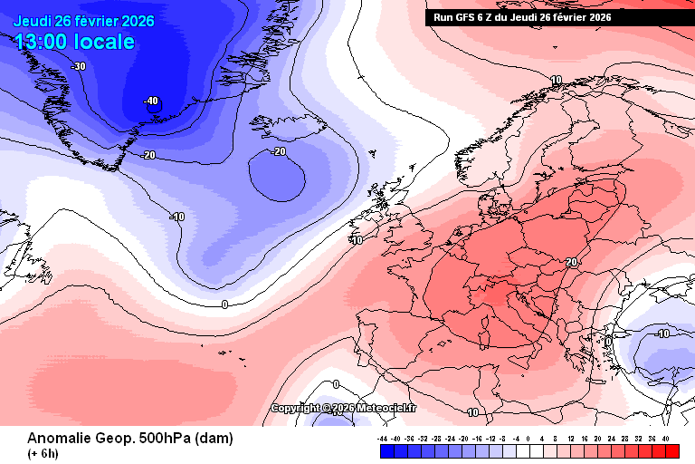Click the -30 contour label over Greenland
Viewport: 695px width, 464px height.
(x=79, y=66)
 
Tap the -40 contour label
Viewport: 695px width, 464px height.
(x=151, y=101)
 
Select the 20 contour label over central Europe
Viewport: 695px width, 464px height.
(x=571, y=262)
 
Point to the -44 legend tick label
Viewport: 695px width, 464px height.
(x=383, y=439)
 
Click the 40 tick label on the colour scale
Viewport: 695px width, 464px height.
(x=666, y=439)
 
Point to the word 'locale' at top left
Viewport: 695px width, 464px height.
(x=105, y=42)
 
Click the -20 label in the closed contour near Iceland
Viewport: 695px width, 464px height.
(x=279, y=151)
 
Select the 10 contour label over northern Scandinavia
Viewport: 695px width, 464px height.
(x=557, y=80)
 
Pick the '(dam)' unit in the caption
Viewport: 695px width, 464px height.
(x=214, y=439)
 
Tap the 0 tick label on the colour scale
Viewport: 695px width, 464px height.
(x=528, y=439)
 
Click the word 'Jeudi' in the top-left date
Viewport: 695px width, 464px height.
(x=33, y=21)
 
